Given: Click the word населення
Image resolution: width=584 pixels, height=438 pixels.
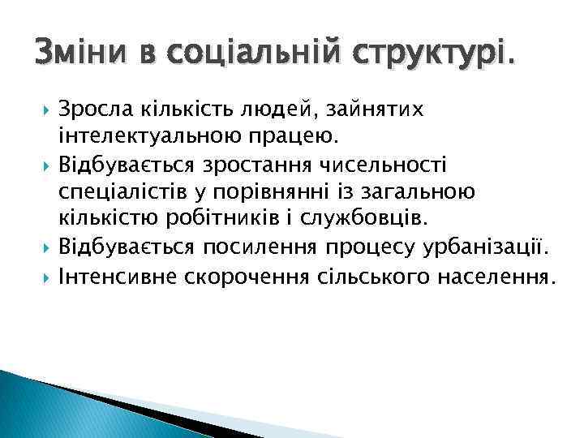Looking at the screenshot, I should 499,278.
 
